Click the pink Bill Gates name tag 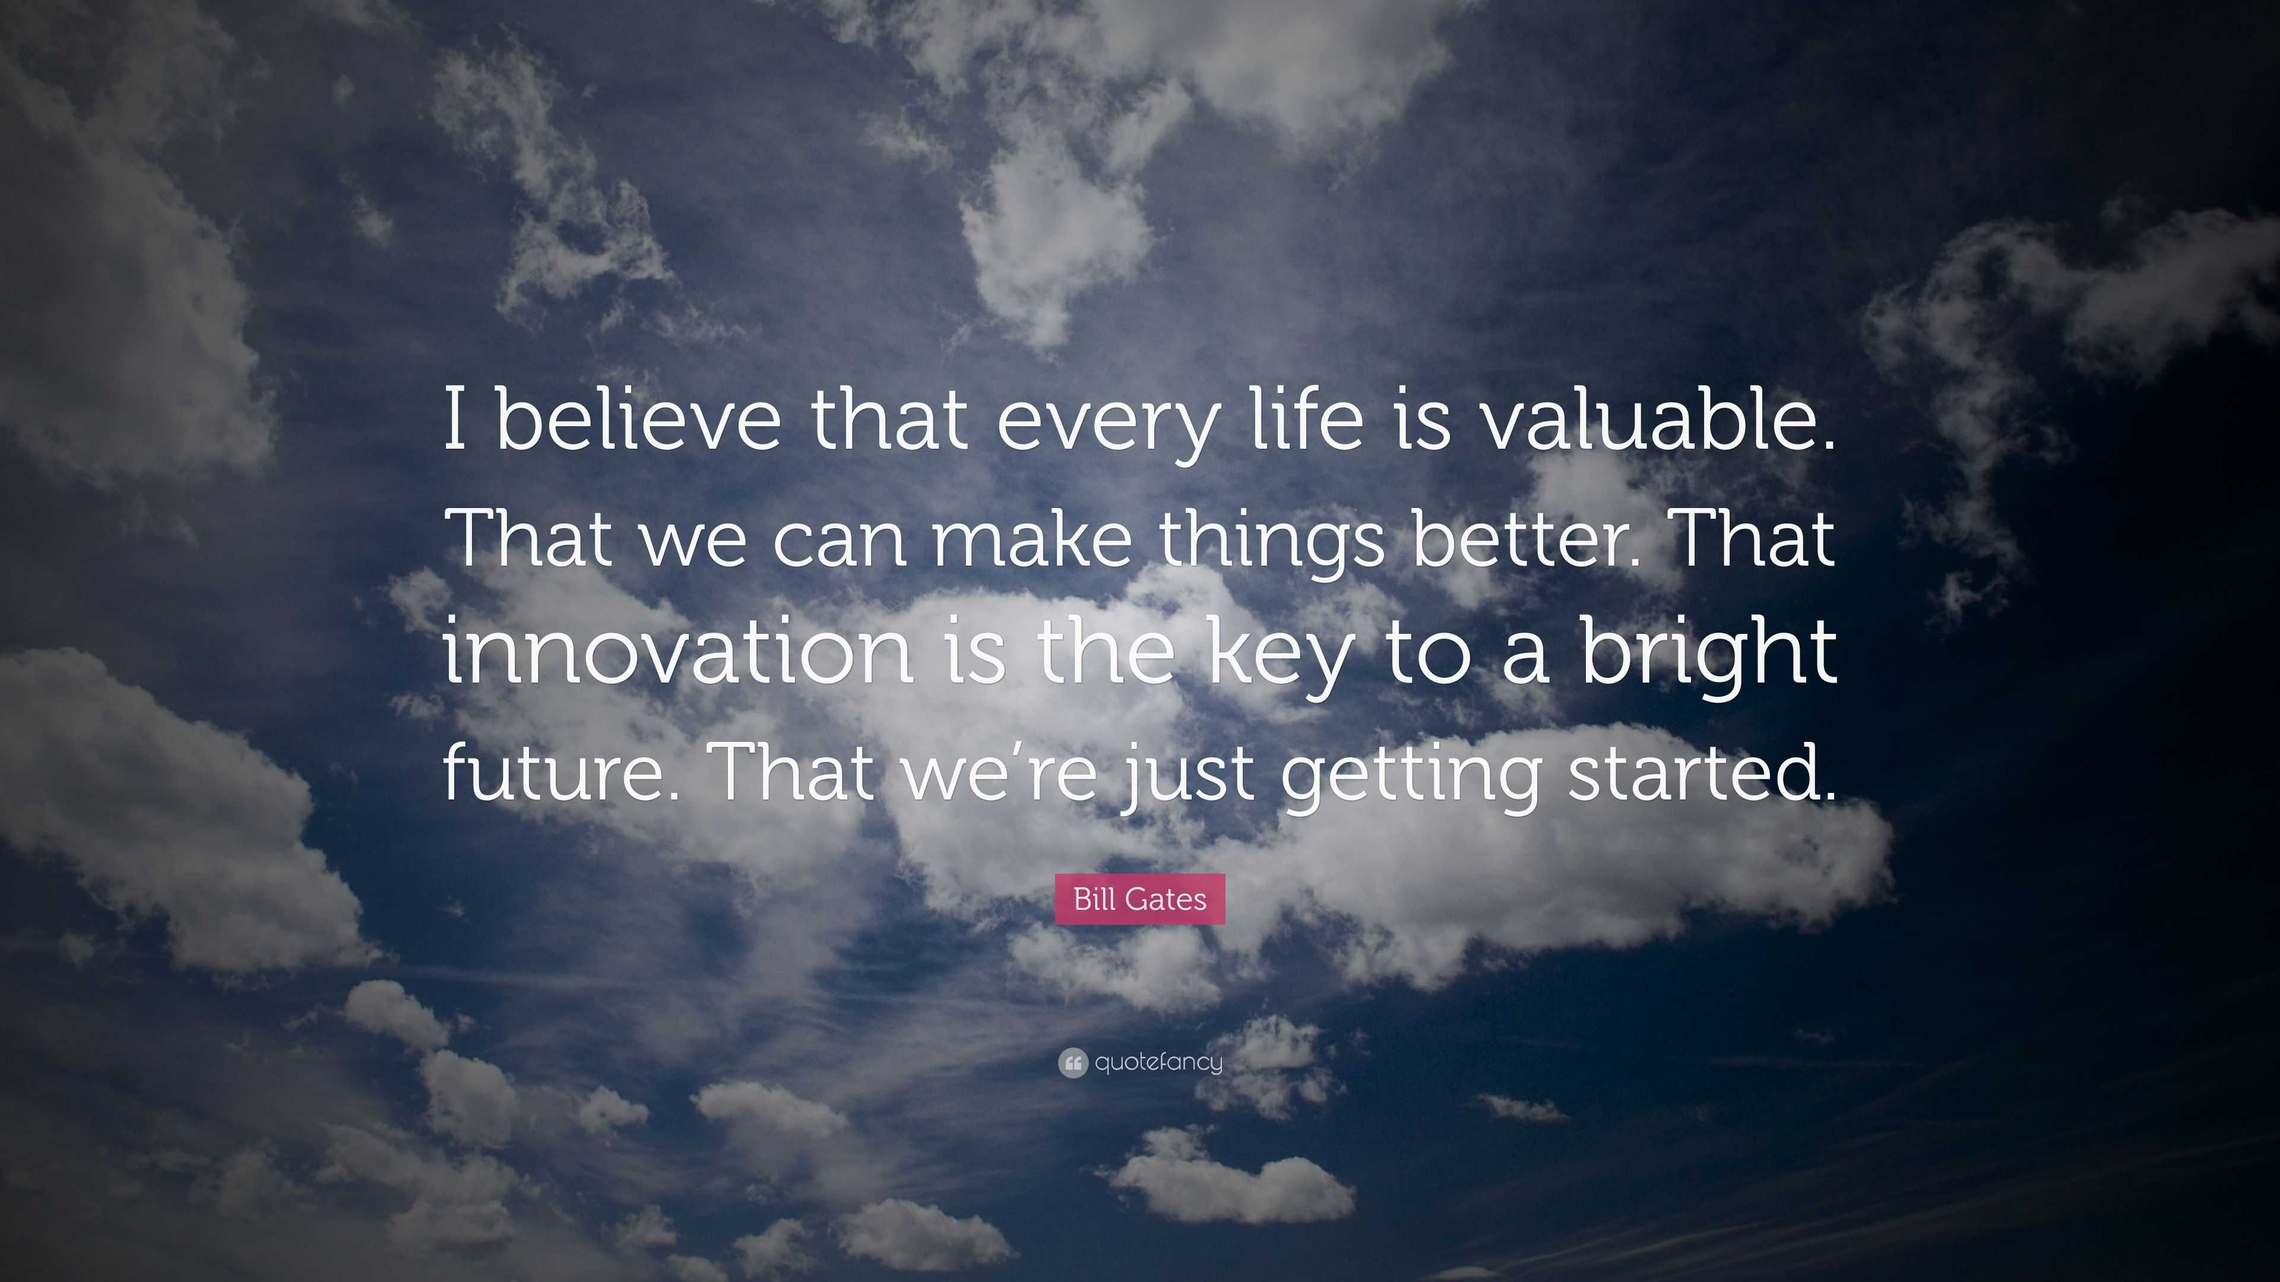[x=1140, y=899]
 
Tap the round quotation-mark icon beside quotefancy [x=1072, y=1062]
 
